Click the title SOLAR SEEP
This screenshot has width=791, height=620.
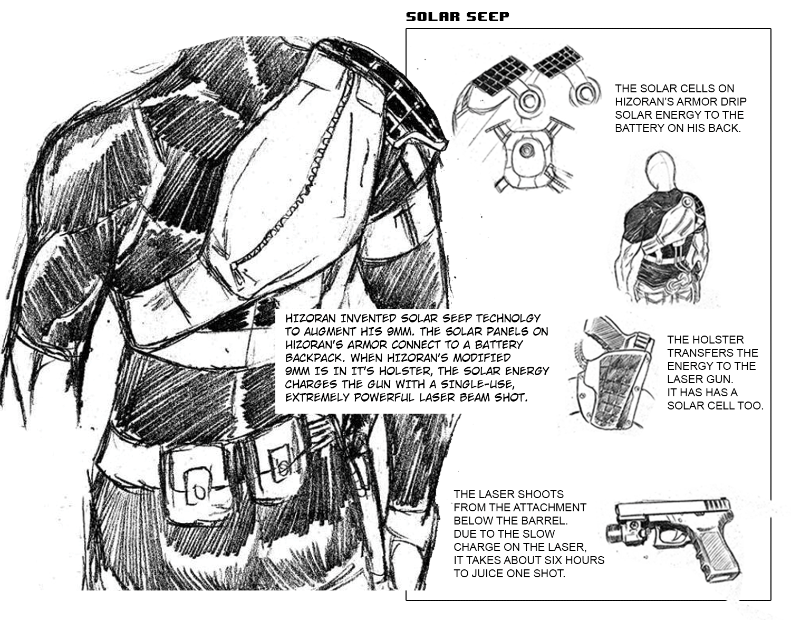[458, 17]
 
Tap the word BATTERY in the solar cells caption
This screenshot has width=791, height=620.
[638, 128]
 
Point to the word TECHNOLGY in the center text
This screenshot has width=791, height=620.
[508, 318]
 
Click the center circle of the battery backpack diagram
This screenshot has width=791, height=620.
[526, 150]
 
